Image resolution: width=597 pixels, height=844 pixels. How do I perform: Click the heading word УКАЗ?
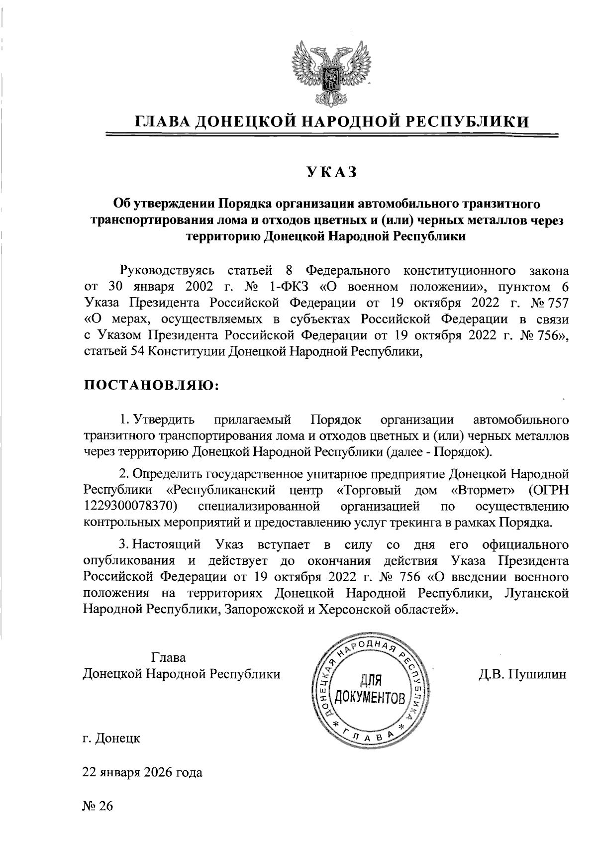pyautogui.click(x=331, y=172)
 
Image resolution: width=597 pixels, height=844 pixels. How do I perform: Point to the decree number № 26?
pyautogui.click(x=98, y=805)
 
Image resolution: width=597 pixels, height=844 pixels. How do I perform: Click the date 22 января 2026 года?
pyautogui.click(x=142, y=773)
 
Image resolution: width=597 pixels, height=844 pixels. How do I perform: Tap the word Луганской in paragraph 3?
pyautogui.click(x=536, y=593)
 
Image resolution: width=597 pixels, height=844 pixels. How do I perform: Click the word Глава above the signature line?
pyautogui.click(x=169, y=657)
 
